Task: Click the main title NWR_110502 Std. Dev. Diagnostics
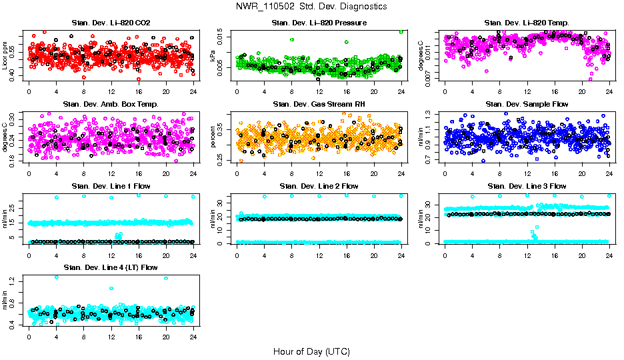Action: click(311, 7)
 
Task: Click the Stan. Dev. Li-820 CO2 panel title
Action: click(111, 23)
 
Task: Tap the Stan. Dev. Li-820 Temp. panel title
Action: click(527, 23)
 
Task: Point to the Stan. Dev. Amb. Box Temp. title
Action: click(111, 104)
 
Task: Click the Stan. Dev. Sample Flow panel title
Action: click(527, 104)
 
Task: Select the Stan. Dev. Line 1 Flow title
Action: click(111, 186)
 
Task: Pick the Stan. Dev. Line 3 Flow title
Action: click(527, 186)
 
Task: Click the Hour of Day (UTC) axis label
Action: click(311, 351)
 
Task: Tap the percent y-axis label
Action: click(213, 137)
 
